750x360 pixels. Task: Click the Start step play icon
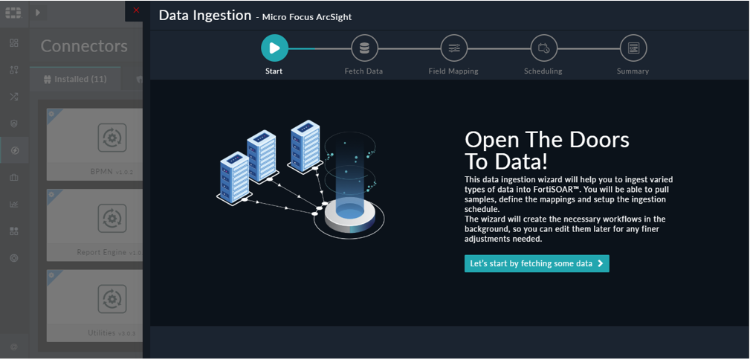pyautogui.click(x=274, y=48)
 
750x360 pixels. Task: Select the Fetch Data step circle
pyautogui.click(x=364, y=48)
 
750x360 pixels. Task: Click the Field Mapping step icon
pyautogui.click(x=453, y=48)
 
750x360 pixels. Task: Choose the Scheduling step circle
pyautogui.click(x=543, y=48)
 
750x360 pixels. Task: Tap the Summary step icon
pyautogui.click(x=633, y=48)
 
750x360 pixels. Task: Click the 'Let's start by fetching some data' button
pyautogui.click(x=537, y=263)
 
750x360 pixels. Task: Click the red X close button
pyautogui.click(x=136, y=10)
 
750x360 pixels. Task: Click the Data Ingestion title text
pyautogui.click(x=205, y=15)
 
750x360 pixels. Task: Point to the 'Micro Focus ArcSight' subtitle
pyautogui.click(x=307, y=17)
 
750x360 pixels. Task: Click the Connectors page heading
pyautogui.click(x=84, y=46)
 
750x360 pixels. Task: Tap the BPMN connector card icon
pyautogui.click(x=111, y=138)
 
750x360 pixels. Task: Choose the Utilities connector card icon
pyautogui.click(x=111, y=299)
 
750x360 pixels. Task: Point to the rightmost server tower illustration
pyautogui.click(x=305, y=147)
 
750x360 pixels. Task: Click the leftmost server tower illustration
pyautogui.click(x=234, y=174)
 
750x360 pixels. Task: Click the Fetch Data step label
pyautogui.click(x=364, y=71)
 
